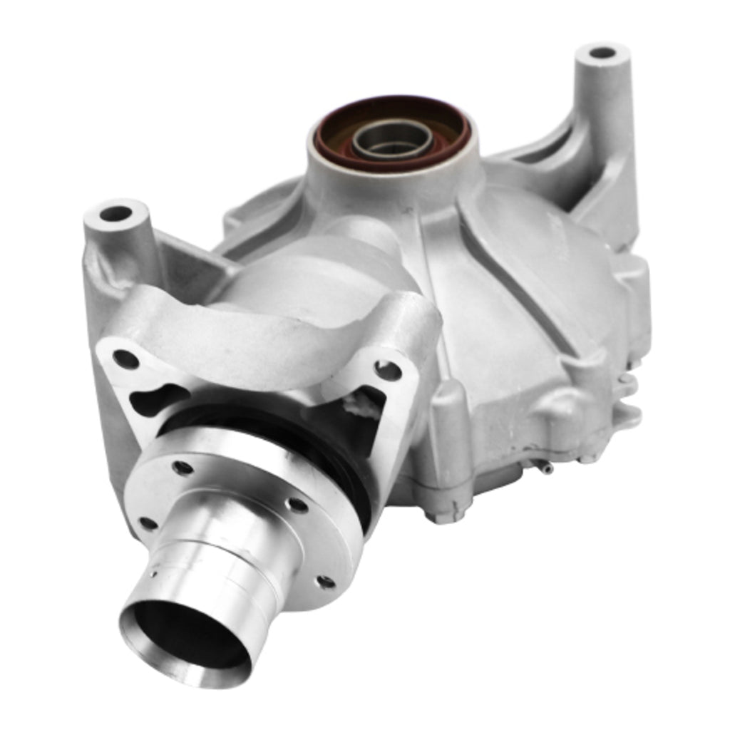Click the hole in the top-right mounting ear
click(602, 53)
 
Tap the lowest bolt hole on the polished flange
click(325, 582)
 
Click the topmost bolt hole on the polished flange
click(182, 468)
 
